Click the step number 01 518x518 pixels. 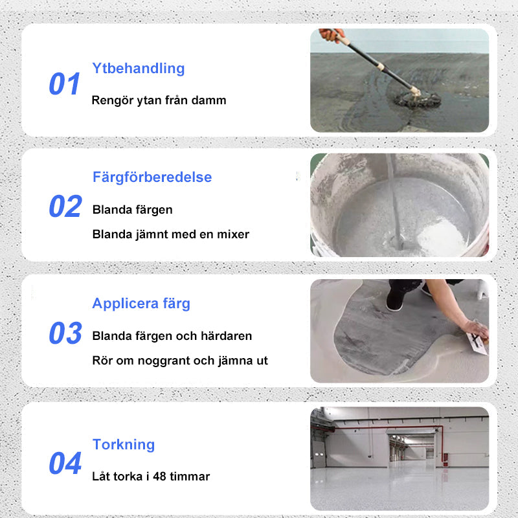[x=64, y=84]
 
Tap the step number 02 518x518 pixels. [x=65, y=206]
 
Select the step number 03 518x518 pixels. [x=65, y=333]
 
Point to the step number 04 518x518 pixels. [x=65, y=463]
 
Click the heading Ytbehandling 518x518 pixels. [x=139, y=69]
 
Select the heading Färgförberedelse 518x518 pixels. [x=152, y=177]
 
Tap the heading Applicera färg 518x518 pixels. [x=141, y=304]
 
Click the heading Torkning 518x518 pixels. [x=124, y=445]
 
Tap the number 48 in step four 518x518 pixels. [x=159, y=477]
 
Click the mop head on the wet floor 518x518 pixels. [x=418, y=99]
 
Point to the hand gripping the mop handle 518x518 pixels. [x=331, y=34]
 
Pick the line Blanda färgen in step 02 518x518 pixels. [x=133, y=210]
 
